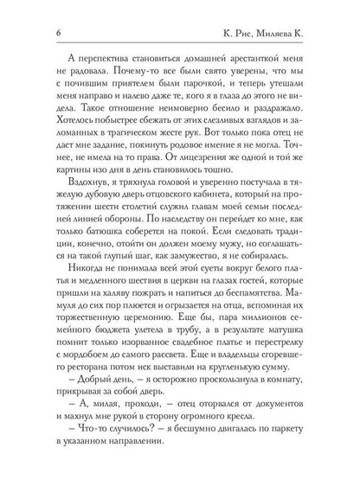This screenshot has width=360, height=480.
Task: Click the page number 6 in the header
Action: [31, 33]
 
